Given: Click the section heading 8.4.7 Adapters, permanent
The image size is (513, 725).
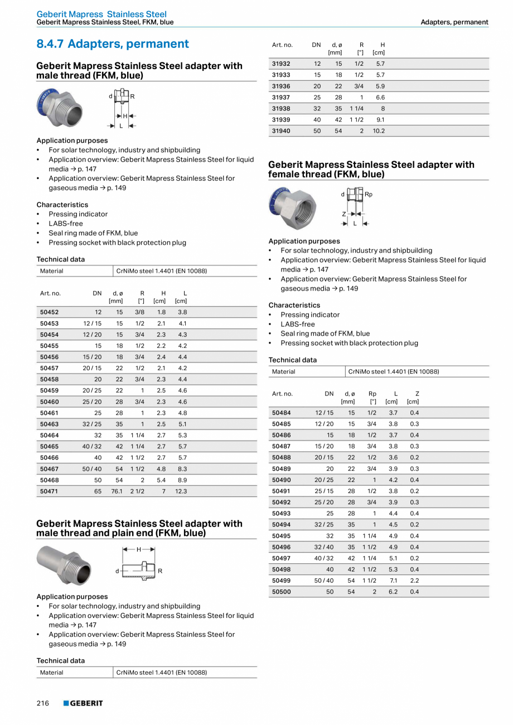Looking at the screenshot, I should [113, 44].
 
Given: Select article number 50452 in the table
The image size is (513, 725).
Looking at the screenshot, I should [49, 312].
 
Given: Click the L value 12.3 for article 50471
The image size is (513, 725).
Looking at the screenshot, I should [181, 491].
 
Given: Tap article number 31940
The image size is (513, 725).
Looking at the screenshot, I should [281, 131].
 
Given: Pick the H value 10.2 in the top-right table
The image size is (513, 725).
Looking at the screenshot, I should [379, 131].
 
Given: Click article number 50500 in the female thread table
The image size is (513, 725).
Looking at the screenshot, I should [281, 592].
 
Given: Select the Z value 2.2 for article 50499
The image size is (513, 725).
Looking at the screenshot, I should [414, 581].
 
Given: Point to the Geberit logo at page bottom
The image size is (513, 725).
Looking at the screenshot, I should [83, 703].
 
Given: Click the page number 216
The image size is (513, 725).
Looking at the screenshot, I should [43, 703].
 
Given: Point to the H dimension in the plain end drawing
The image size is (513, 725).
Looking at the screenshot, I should [138, 549].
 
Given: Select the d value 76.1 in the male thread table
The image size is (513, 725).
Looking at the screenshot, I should [117, 491].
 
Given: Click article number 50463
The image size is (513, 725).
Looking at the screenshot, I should [49, 424].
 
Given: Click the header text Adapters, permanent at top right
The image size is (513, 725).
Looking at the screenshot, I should [454, 22].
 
